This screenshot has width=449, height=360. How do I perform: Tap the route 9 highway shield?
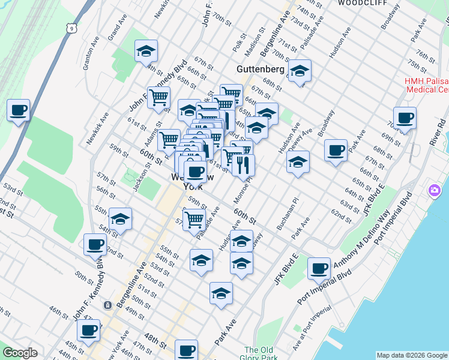71,28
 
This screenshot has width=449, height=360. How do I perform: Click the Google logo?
19,353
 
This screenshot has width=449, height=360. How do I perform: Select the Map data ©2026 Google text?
412,355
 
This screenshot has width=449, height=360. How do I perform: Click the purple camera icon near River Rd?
433,191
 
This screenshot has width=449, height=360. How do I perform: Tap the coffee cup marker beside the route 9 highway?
18,111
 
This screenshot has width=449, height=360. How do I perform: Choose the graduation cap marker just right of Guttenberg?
299,72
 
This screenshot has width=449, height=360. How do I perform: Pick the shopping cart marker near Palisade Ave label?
194,220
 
